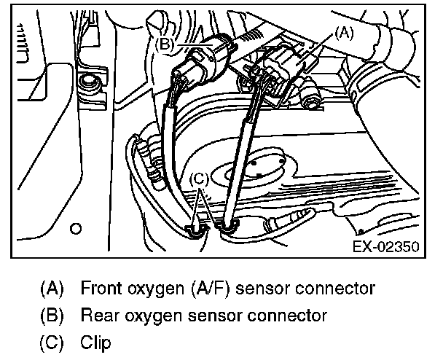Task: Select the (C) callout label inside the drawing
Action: pyautogui.click(x=200, y=179)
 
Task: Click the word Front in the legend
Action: pyautogui.click(x=101, y=288)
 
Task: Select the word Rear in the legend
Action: pyautogui.click(x=98, y=316)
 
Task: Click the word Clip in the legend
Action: pyautogui.click(x=96, y=343)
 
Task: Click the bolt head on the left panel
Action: pyautogui.click(x=91, y=82)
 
